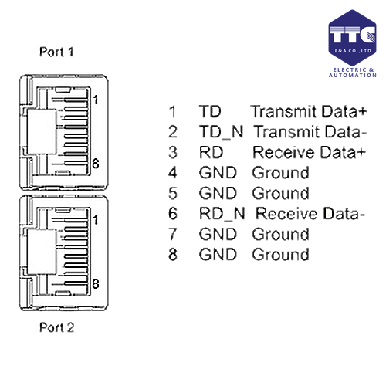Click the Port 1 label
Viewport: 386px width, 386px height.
(x=56, y=52)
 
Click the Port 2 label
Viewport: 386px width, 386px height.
(x=57, y=327)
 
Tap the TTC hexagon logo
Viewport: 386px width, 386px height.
(x=352, y=38)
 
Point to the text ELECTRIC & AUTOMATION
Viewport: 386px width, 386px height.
(x=353, y=73)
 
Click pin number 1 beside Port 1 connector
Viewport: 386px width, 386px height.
(x=96, y=100)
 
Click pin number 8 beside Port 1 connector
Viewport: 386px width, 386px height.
(x=96, y=164)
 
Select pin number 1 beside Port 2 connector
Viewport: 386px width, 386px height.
(x=96, y=220)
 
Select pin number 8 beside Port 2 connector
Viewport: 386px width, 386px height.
(x=96, y=284)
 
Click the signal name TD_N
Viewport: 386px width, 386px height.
(x=221, y=132)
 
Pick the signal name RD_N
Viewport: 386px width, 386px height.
(x=222, y=214)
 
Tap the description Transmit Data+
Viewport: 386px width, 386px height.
(x=309, y=111)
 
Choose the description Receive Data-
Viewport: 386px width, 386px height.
(x=310, y=214)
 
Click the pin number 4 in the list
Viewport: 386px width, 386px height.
(x=173, y=173)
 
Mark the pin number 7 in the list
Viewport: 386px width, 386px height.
(x=173, y=234)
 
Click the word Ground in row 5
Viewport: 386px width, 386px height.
(x=280, y=193)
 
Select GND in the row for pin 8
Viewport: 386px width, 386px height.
(x=218, y=255)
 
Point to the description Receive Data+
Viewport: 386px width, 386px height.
(x=309, y=152)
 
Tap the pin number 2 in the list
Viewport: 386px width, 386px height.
(x=173, y=132)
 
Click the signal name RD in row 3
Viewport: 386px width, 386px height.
(x=211, y=152)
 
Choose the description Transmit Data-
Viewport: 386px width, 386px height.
(x=310, y=132)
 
